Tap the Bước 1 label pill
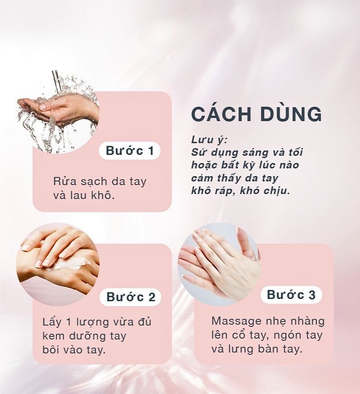pyautogui.click(x=130, y=151)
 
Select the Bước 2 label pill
pyautogui.click(x=130, y=297)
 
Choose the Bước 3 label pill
pyautogui.click(x=291, y=294)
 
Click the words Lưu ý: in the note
pyautogui.click(x=209, y=140)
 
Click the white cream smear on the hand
pyautogui.click(x=71, y=264)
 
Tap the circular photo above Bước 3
pyautogui.click(x=219, y=264)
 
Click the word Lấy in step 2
pyautogui.click(x=52, y=322)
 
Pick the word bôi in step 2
pyautogui.click(x=51, y=350)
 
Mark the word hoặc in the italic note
pyautogui.click(x=203, y=165)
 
